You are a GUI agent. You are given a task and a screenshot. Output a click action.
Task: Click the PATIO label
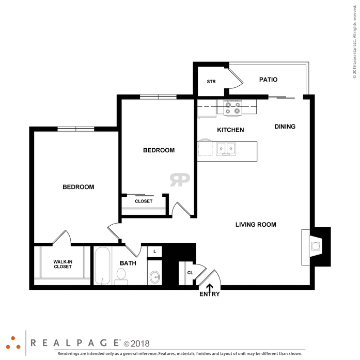(268, 80)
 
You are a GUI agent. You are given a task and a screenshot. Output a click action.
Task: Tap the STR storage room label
(211, 82)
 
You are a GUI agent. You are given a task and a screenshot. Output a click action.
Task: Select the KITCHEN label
(230, 130)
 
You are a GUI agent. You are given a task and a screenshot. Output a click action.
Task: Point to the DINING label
(285, 127)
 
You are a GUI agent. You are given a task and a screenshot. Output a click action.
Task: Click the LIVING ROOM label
(256, 225)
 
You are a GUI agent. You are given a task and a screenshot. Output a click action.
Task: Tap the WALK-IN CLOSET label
(62, 264)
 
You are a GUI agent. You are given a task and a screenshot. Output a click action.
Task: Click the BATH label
(128, 263)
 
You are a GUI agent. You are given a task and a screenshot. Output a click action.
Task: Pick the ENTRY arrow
(210, 288)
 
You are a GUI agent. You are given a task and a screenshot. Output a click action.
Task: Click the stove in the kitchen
(232, 108)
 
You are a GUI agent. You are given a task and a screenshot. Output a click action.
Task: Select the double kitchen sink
(226, 149)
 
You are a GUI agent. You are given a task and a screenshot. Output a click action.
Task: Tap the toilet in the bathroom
(121, 277)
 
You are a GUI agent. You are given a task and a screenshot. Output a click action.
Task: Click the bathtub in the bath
(103, 266)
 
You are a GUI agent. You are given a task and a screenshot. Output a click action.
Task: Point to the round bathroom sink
(155, 277)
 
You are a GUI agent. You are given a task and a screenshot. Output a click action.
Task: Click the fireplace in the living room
(316, 246)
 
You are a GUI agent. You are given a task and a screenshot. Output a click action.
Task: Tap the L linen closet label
(155, 252)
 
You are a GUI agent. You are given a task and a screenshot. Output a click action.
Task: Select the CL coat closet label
(190, 273)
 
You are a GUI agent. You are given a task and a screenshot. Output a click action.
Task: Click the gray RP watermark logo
(180, 180)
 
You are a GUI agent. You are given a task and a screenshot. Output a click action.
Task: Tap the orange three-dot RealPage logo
(13, 343)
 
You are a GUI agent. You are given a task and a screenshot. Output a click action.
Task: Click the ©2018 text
(136, 343)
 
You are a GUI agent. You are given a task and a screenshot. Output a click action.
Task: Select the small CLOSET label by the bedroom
(144, 201)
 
